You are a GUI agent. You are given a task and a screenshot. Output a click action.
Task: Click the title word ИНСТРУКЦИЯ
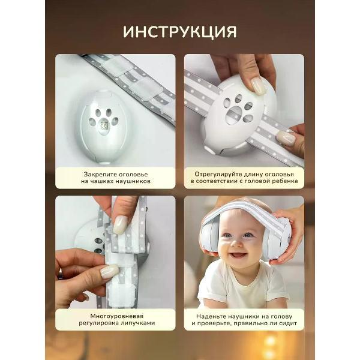[180, 31]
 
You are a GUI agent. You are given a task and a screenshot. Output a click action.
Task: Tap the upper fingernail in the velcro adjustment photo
[120, 225]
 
